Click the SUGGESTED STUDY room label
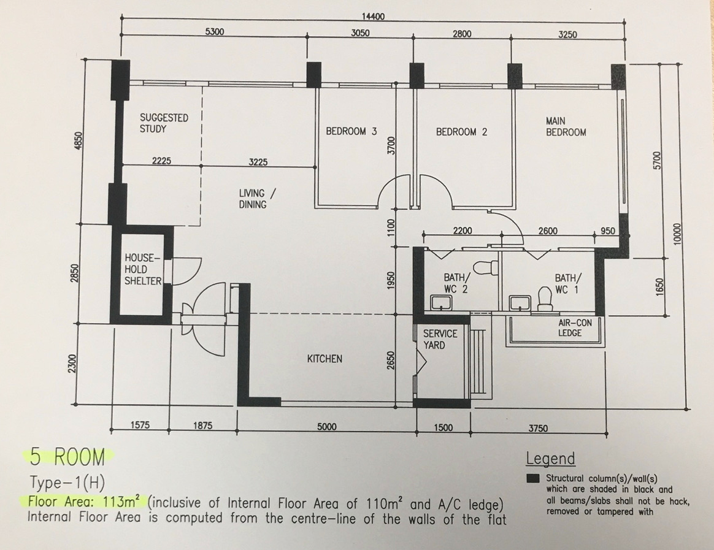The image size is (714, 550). tap(163, 123)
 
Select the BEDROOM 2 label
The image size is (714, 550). tap(461, 132)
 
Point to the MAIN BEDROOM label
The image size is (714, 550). tap(566, 127)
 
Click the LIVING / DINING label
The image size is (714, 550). tap(257, 199)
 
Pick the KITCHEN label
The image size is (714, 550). tap(324, 358)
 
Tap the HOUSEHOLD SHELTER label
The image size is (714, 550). tap(143, 270)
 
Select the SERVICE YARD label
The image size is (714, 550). tap(440, 340)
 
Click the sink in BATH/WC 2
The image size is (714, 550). tap(439, 302)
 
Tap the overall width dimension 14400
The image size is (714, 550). tap(372, 17)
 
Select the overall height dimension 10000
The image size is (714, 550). tap(677, 234)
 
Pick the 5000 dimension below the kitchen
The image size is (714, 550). tap(326, 427)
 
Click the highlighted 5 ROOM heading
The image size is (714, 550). tap(67, 456)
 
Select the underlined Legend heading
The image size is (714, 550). tap(550, 459)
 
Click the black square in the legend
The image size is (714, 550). tap(533, 478)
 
